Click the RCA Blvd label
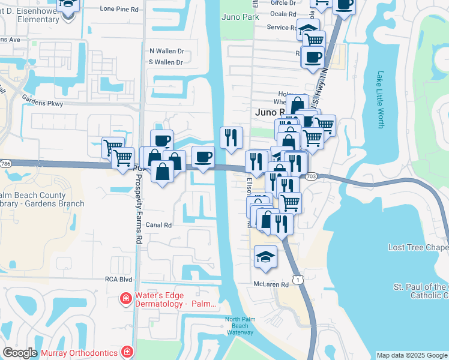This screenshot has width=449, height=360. point(118,279)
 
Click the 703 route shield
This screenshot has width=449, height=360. point(311,176)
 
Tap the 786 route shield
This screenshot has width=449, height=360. point(5,163)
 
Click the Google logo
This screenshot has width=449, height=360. point(20,353)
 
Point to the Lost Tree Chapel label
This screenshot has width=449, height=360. point(418,247)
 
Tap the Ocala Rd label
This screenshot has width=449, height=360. point(284,14)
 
